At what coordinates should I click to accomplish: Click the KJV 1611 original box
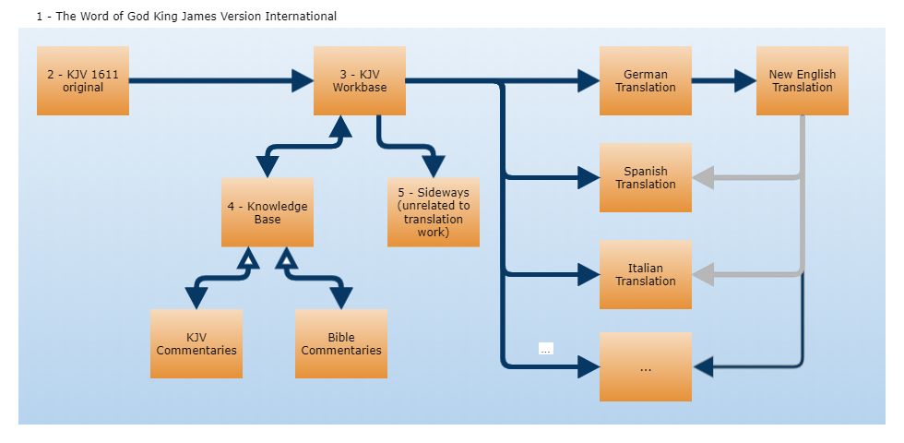[83, 80]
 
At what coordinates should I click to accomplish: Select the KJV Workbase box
[360, 80]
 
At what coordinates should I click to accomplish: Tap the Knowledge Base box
[268, 212]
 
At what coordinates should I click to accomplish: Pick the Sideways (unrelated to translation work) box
[434, 212]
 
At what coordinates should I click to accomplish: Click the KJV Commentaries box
[196, 343]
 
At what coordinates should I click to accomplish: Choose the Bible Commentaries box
[341, 343]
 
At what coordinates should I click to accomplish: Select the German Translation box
[646, 80]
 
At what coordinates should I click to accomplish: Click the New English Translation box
[803, 80]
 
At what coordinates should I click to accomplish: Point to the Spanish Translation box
[646, 177]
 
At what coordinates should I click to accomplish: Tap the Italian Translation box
[646, 274]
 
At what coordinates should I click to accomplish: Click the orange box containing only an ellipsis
[646, 366]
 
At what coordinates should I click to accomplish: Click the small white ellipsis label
[545, 348]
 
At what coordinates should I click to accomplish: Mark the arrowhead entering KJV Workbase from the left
[303, 81]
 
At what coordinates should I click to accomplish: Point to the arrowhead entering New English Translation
[745, 81]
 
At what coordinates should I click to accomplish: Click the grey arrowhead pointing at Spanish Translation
[703, 177]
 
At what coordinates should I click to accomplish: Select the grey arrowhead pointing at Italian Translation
[703, 274]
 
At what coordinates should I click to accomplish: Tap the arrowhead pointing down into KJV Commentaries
[196, 298]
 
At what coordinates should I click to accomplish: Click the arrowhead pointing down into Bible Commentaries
[341, 298]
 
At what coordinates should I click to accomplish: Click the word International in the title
[299, 17]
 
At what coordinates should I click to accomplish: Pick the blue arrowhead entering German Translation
[589, 81]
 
